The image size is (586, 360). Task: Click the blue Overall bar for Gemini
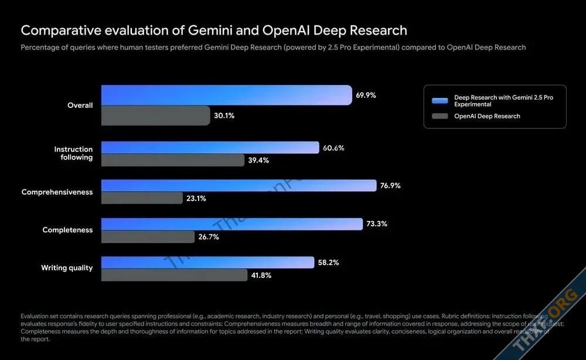226,95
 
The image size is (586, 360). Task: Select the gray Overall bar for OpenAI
155,116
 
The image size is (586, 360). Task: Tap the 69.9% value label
366,94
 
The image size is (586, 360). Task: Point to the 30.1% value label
224,116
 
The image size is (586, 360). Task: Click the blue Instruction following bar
210,148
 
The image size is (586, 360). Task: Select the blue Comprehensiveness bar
239,185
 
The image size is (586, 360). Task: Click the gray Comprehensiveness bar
142,198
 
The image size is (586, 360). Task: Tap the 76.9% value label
390,185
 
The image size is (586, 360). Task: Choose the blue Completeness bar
231,224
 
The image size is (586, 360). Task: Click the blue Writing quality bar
207,262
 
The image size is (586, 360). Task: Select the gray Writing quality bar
174,275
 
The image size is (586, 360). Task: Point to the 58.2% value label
328,262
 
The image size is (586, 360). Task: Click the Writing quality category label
67,268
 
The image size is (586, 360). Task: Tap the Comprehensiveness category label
57,192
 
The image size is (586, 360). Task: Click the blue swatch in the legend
439,100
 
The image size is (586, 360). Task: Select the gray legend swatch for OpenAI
439,116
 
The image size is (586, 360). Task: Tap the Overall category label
80,106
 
